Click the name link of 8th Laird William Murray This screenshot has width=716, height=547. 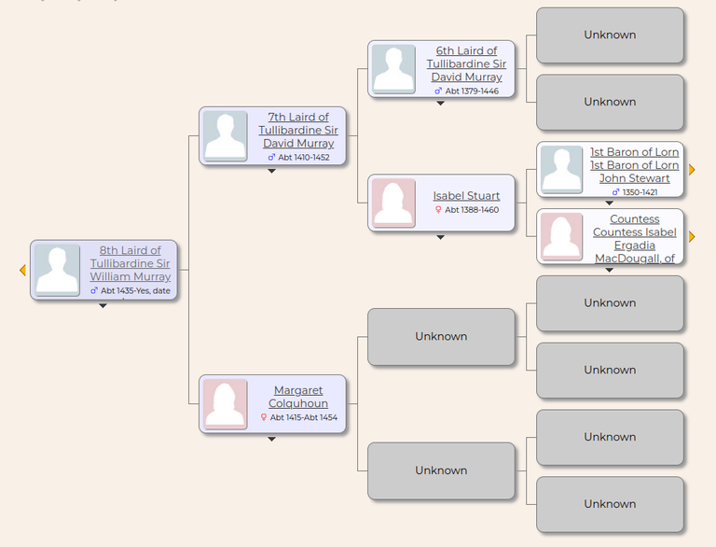[x=131, y=263]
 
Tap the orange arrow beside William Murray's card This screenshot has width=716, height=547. [x=22, y=271]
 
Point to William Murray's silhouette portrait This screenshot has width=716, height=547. [x=57, y=270]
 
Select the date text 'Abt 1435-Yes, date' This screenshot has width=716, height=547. [x=135, y=290]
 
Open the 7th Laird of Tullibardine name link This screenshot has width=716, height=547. [x=298, y=131]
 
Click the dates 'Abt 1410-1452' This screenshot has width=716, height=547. [x=304, y=158]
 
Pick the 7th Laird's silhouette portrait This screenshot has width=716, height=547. [x=225, y=136]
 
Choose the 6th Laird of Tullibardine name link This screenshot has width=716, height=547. [x=466, y=64]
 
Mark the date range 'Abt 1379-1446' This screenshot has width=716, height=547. [x=472, y=91]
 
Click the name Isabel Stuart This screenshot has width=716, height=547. [x=466, y=196]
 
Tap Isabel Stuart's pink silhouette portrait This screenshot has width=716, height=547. [x=393, y=203]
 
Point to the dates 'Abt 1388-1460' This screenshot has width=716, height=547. [x=472, y=210]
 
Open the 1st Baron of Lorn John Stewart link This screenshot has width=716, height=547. [x=634, y=165]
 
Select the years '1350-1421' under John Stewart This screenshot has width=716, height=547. [x=640, y=192]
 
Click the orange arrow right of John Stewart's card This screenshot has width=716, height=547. [x=692, y=170]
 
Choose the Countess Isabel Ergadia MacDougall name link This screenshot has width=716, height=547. [x=634, y=239]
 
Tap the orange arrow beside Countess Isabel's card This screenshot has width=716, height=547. [x=692, y=236]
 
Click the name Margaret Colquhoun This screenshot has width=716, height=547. [x=298, y=397]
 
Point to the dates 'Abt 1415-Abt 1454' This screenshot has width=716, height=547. [x=304, y=417]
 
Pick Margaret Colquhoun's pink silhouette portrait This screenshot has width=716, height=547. [x=225, y=404]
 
